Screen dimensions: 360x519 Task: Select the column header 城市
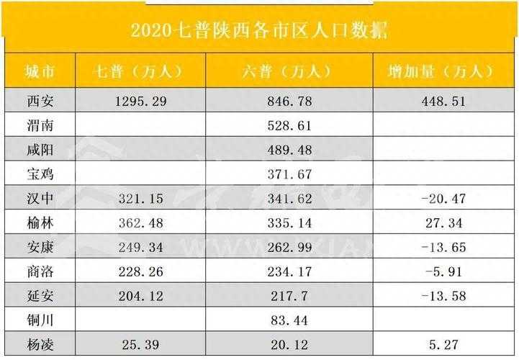(x=40, y=71)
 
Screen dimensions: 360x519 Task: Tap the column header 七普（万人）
(x=140, y=71)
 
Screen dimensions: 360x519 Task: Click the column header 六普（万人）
(x=287, y=71)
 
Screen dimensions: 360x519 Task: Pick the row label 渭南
(x=40, y=126)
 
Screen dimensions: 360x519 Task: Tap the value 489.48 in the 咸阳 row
(x=287, y=150)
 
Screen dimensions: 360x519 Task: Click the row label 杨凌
(x=40, y=345)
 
